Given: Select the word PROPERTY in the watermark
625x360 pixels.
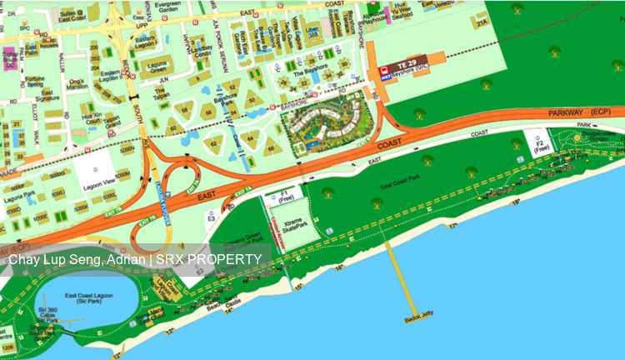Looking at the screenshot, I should (x=227, y=259).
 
